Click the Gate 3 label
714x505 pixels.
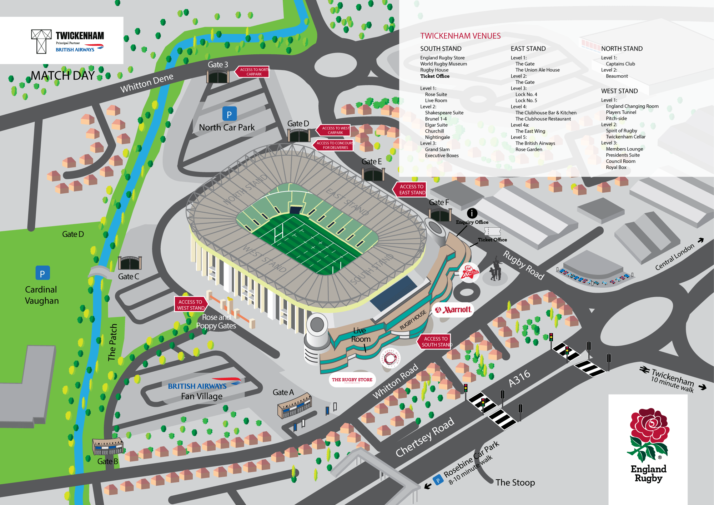pyautogui.click(x=218, y=65)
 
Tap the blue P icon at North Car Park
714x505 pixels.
pyautogui.click(x=229, y=114)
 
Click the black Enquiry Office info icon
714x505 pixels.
pyautogui.click(x=472, y=213)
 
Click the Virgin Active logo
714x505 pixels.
pyautogui.click(x=469, y=273)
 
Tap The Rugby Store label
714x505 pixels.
pyautogui.click(x=352, y=380)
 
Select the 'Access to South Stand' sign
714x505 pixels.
pyautogui.click(x=435, y=342)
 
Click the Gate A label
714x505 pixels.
pyautogui.click(x=283, y=392)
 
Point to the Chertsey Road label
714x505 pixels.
pyautogui.click(x=425, y=437)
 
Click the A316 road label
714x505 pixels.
pyautogui.click(x=519, y=379)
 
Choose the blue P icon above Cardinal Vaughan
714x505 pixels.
pyautogui.click(x=42, y=273)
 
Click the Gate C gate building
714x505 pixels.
pyautogui.click(x=130, y=263)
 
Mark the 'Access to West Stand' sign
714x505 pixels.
pyautogui.click(x=191, y=305)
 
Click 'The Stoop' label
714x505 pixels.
pyautogui.click(x=515, y=482)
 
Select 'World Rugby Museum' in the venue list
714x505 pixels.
pyautogui.click(x=443, y=64)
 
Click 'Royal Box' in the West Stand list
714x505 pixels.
pyautogui.click(x=616, y=167)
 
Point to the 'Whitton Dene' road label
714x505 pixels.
pyautogui.click(x=147, y=83)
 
